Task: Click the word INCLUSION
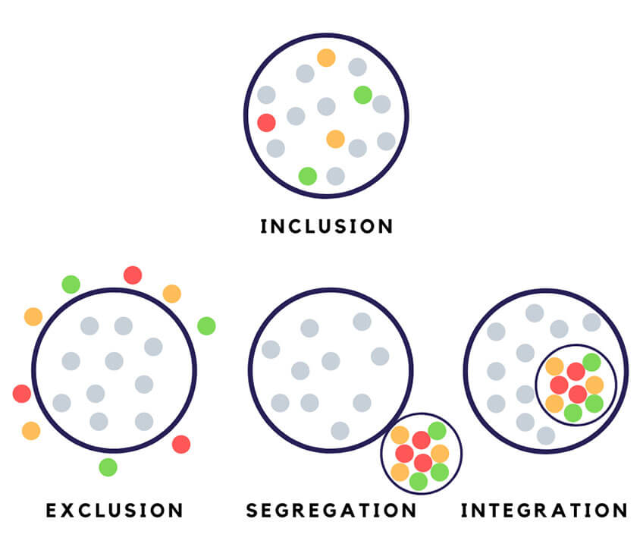click(x=327, y=226)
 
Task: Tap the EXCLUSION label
click(x=114, y=511)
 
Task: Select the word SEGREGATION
click(x=331, y=511)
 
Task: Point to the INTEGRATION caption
click(x=544, y=511)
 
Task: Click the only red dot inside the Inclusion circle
click(x=267, y=123)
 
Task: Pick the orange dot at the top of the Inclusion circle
click(x=326, y=58)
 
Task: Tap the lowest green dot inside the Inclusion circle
click(x=308, y=176)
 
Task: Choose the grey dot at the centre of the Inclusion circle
click(x=326, y=107)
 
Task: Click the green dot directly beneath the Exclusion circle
click(x=108, y=467)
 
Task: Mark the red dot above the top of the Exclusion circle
click(x=133, y=275)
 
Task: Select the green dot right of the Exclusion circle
click(x=206, y=326)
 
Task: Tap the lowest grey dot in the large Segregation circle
click(x=340, y=431)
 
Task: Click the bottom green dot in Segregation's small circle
click(x=419, y=482)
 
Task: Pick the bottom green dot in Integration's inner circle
click(x=573, y=413)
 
